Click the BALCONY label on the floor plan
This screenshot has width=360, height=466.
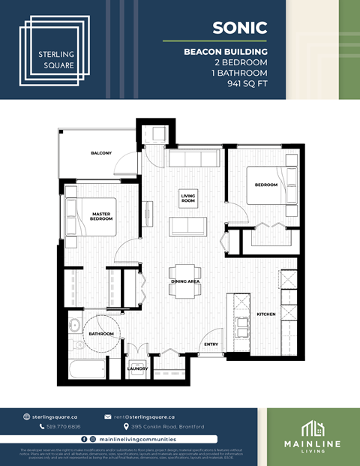point(101,153)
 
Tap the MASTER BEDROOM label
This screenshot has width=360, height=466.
point(101,216)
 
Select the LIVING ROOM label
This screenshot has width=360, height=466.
point(187,199)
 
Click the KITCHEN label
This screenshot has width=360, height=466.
point(267,314)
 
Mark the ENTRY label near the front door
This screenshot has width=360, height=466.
point(211,344)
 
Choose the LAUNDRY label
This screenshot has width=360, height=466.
point(138,368)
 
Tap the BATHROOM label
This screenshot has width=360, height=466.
point(100,334)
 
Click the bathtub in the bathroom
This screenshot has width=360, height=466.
point(86,368)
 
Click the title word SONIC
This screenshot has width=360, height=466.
point(240,28)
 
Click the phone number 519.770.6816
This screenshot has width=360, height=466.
point(64,426)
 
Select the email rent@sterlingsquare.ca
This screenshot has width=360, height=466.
point(144,416)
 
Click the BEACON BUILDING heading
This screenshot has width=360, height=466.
point(226,52)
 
